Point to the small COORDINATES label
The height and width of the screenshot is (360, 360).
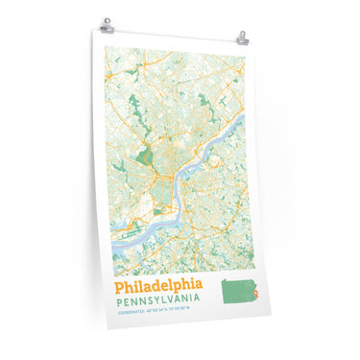pos(129,312)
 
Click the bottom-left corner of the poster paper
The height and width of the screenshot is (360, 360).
pos(108,325)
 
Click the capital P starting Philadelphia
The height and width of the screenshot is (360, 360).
pos(120,286)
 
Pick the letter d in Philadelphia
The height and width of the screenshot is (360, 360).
pos(158,286)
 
